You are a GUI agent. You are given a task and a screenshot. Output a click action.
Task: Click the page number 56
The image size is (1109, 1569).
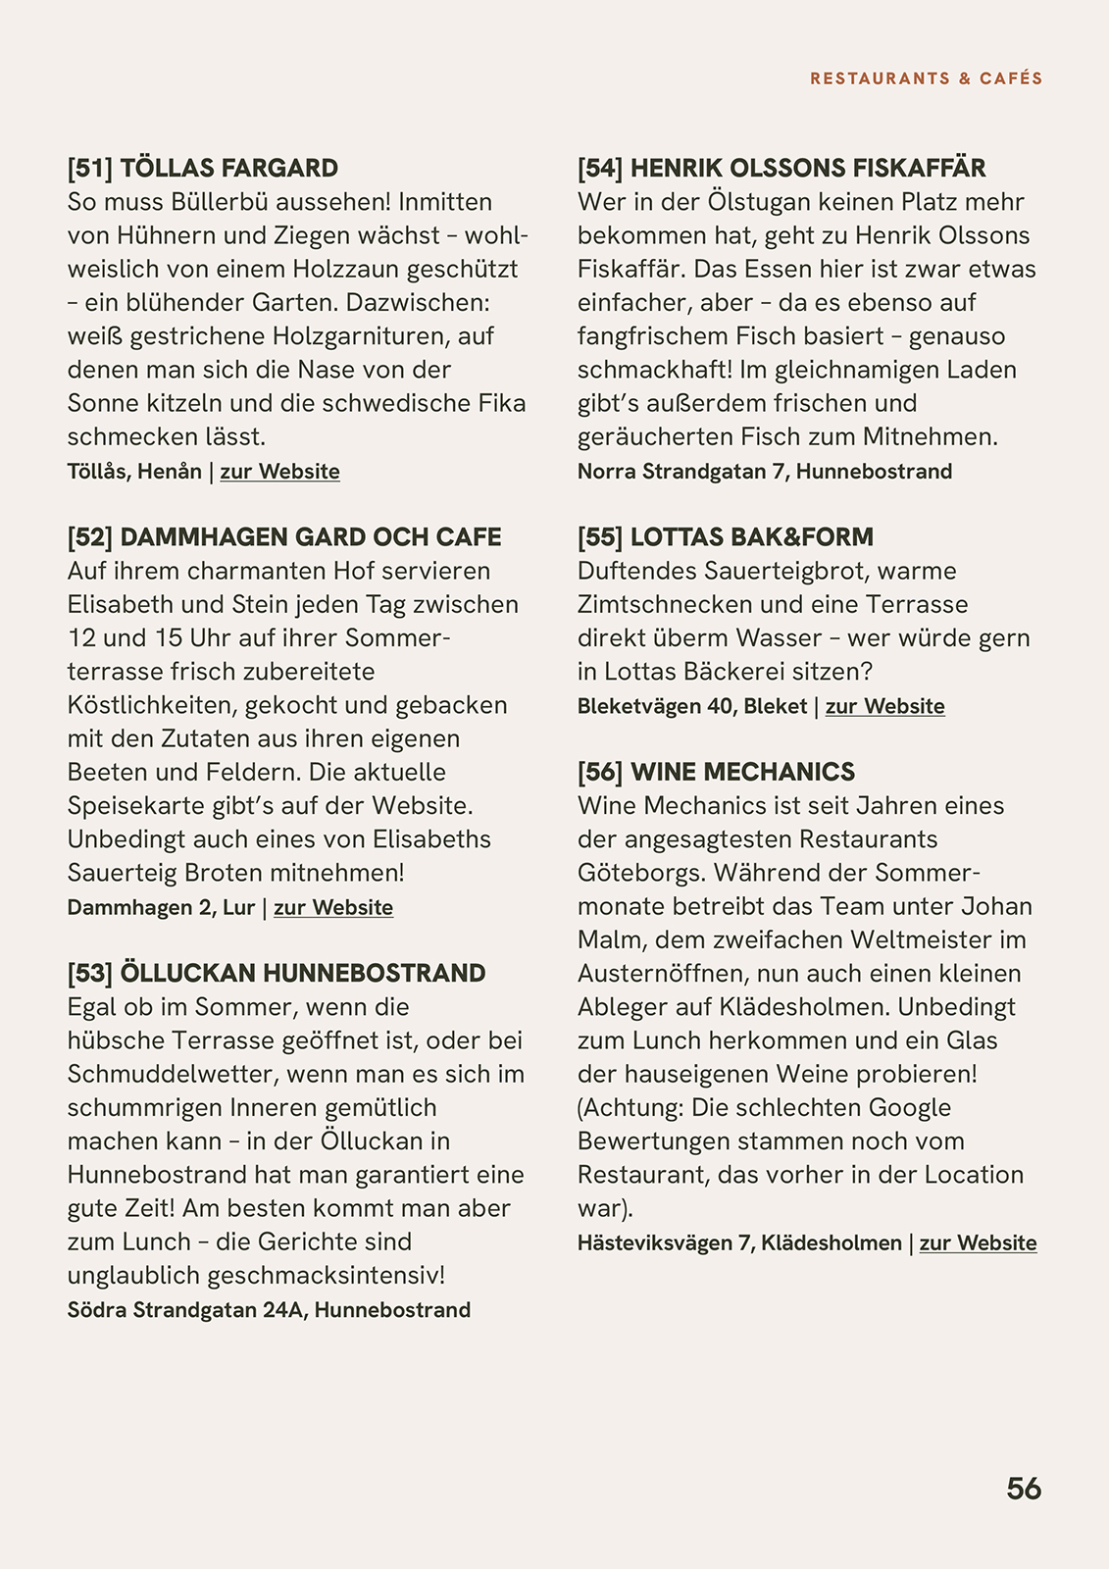[1024, 1489]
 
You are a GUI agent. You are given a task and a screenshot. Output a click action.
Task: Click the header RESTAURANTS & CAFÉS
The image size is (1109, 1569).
[926, 78]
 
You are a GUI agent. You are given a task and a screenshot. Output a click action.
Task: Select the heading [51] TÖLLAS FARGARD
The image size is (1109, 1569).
[203, 168]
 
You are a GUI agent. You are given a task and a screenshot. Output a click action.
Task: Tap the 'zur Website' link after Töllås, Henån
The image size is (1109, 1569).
[279, 472]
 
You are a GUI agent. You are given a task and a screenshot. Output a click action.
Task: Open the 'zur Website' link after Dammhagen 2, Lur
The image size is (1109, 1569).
[332, 908]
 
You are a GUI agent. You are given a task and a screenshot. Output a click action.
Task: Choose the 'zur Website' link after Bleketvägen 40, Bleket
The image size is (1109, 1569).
[884, 707]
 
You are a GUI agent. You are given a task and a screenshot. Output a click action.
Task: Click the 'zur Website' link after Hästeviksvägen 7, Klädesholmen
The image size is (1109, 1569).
[978, 1243]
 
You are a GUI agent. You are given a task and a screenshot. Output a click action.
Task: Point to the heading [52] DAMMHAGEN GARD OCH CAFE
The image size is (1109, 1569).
[284, 537]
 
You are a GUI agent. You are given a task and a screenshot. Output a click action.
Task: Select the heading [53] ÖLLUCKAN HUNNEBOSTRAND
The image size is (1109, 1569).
[277, 974]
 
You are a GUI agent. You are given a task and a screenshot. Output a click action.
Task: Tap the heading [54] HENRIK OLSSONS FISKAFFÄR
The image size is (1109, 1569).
[781, 168]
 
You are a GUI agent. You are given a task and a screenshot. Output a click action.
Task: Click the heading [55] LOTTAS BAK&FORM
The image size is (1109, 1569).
[725, 537]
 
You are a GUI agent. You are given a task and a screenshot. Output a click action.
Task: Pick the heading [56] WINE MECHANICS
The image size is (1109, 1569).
[716, 772]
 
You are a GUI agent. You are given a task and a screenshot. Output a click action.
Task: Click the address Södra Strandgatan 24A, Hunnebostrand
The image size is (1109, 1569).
[269, 1310]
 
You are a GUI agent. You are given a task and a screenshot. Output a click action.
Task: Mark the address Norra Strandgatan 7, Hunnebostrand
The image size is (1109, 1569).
[764, 472]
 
